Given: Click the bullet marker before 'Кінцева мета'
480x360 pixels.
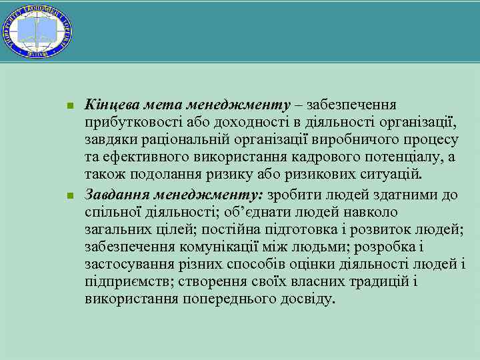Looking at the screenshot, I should click(70, 106).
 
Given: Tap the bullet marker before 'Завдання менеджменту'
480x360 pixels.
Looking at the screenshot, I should click(70, 196).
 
